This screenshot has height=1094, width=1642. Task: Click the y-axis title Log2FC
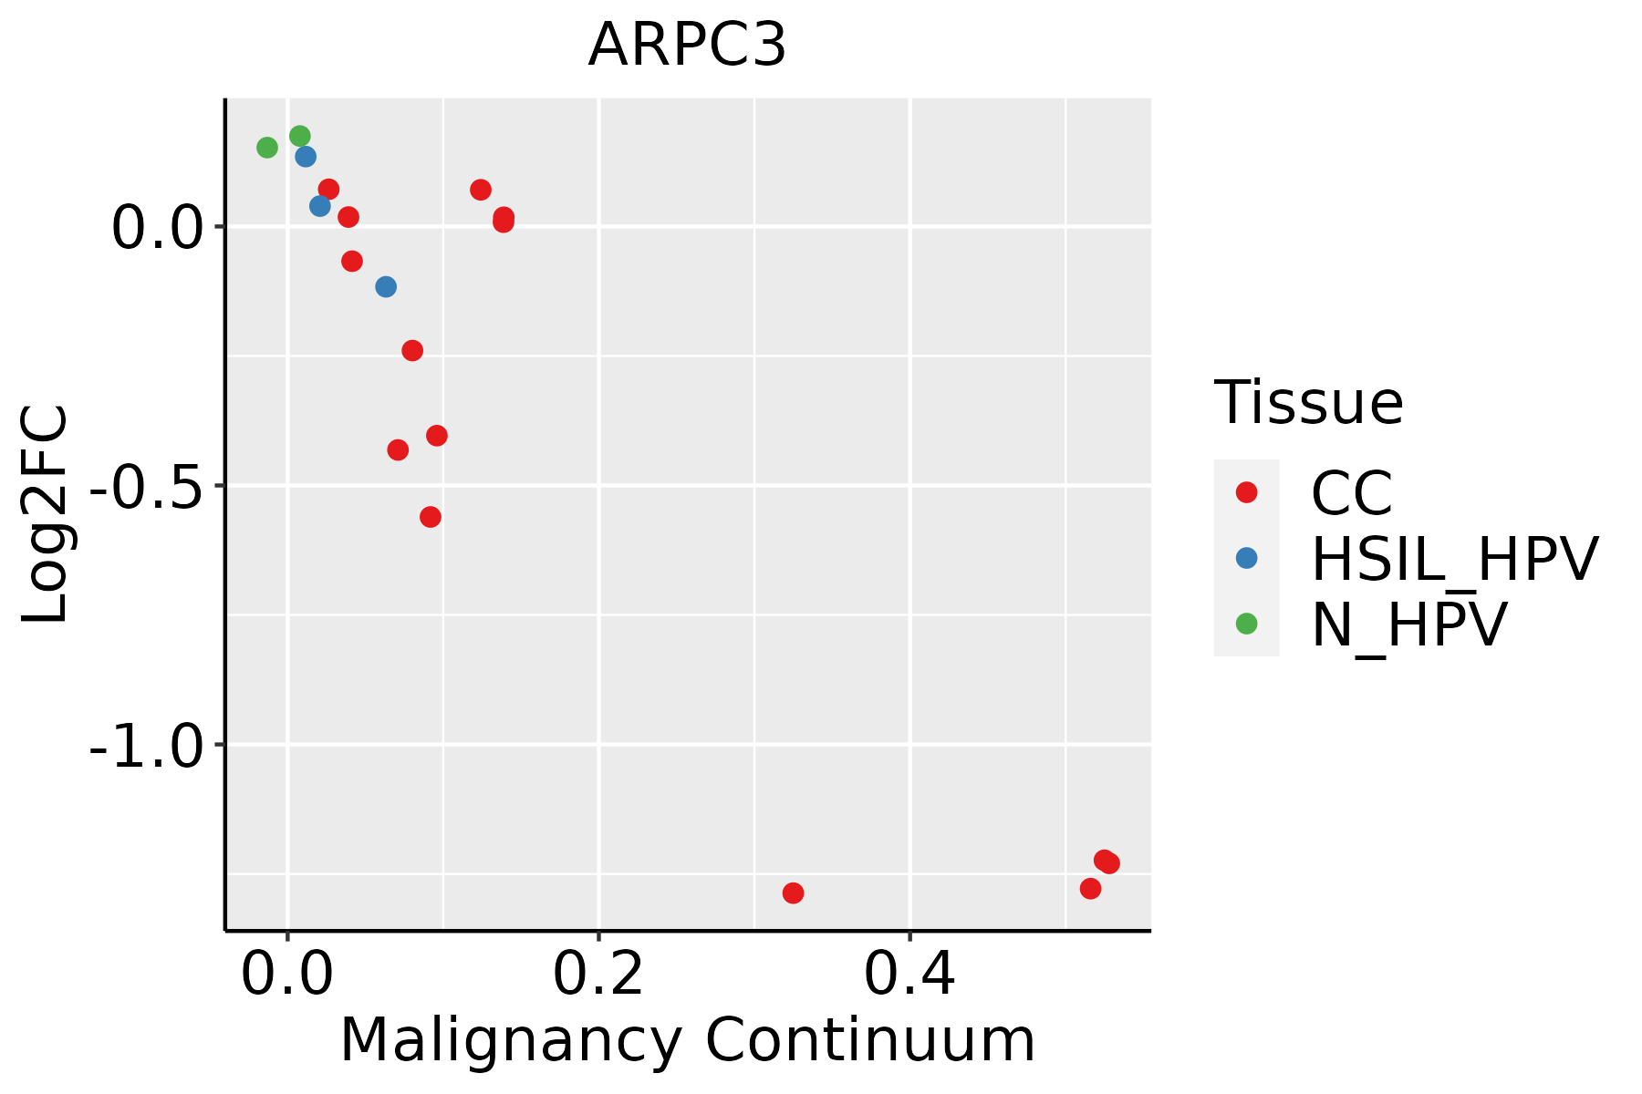[x=46, y=514]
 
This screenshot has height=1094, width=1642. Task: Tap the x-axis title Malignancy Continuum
[x=687, y=1040]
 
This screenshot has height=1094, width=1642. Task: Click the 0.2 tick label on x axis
[x=598, y=975]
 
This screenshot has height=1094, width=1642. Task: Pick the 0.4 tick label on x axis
[x=909, y=975]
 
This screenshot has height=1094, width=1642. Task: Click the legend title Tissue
[x=1308, y=402]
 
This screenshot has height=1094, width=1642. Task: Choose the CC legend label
[x=1351, y=493]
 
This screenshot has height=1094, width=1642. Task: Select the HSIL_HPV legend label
[x=1454, y=559]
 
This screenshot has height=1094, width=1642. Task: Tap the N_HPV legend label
[x=1408, y=624]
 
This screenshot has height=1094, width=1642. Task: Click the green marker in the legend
[x=1246, y=624]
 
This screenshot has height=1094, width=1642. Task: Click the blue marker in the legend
[x=1246, y=558]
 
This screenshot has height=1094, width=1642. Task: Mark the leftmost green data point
[x=266, y=148]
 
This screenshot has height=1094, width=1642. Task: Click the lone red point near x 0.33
[x=793, y=893]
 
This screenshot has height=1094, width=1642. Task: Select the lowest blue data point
[x=386, y=287]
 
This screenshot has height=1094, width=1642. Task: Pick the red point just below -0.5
[x=431, y=517]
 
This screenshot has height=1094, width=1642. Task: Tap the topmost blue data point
[x=306, y=157]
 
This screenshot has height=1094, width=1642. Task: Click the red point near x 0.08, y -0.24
[x=412, y=350]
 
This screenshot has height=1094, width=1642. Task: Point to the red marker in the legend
[x=1246, y=492]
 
